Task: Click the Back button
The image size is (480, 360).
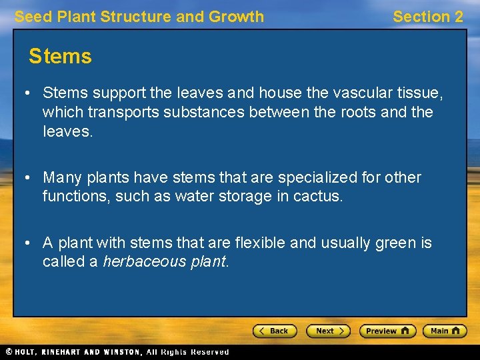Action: click(x=274, y=331)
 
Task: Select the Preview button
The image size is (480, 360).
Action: click(x=387, y=331)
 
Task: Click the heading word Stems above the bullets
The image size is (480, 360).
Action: click(x=60, y=57)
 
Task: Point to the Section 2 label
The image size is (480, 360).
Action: click(x=427, y=17)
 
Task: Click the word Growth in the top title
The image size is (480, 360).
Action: click(x=238, y=17)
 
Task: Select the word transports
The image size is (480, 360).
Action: click(x=119, y=112)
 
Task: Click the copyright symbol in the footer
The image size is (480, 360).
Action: click(x=9, y=352)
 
